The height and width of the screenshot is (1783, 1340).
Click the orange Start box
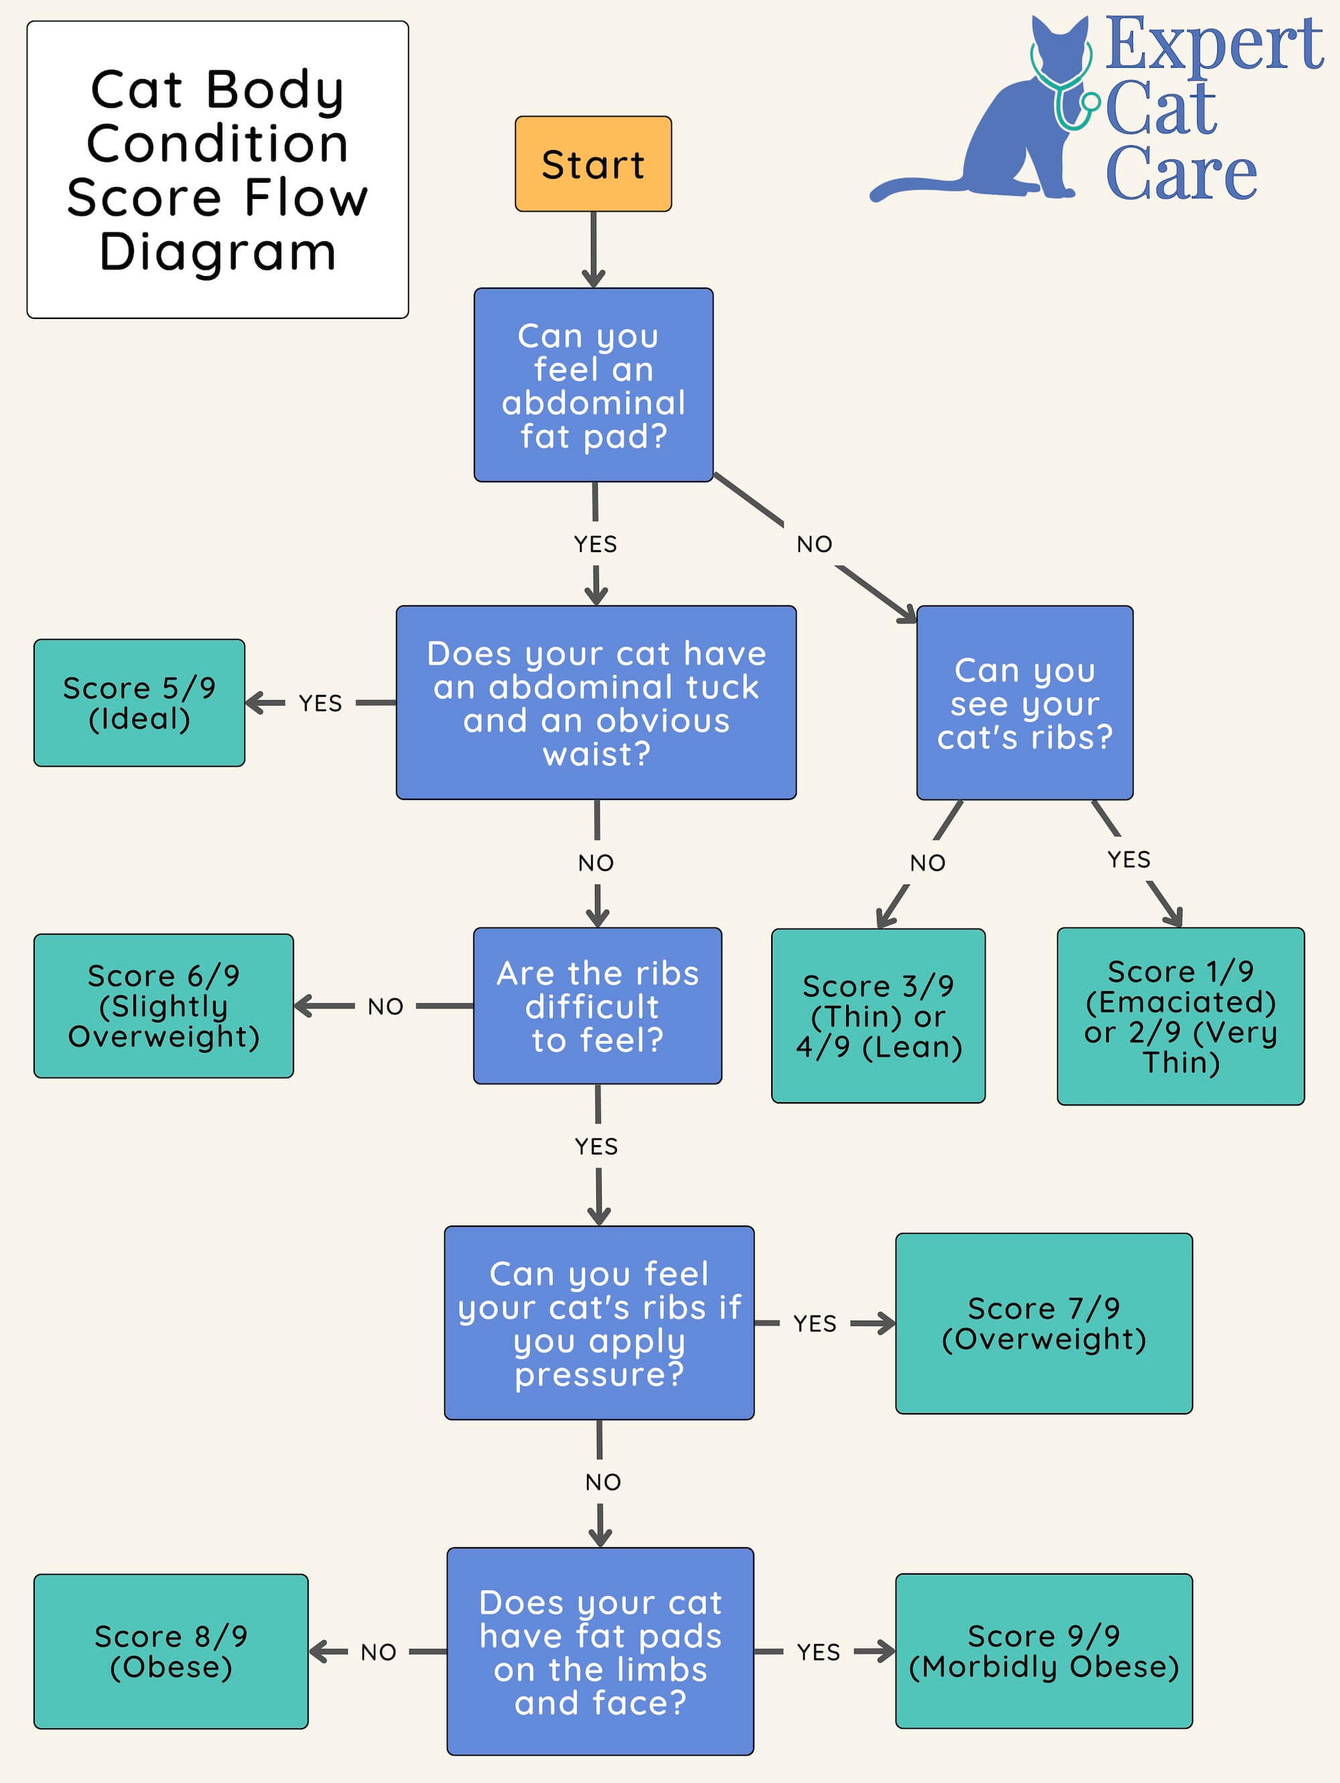point(593,163)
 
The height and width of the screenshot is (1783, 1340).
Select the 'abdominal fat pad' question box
point(593,385)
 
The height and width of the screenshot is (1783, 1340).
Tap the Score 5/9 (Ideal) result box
point(139,702)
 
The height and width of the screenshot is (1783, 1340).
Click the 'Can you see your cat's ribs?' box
point(1024,702)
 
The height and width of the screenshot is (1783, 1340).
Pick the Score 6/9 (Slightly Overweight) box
point(163,1005)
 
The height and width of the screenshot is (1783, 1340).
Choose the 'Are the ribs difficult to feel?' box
point(597,1005)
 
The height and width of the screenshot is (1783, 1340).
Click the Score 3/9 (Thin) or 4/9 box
point(878,1015)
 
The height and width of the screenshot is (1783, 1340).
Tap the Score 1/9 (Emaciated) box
point(1180,1016)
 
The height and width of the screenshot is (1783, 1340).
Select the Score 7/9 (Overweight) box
point(1043,1323)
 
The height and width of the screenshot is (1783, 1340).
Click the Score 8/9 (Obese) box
point(171,1651)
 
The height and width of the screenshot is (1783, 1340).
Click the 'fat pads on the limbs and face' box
point(600,1651)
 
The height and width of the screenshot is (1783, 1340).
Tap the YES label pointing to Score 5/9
point(320,703)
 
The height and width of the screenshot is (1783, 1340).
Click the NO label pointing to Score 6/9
point(385,1006)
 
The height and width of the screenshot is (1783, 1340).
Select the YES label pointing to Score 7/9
point(815,1323)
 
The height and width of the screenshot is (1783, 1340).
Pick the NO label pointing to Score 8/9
point(378,1652)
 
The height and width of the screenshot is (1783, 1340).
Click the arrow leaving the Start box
point(593,250)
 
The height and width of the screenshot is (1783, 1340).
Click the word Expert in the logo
point(1213,44)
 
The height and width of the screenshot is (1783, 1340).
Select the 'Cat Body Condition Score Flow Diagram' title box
point(218,170)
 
